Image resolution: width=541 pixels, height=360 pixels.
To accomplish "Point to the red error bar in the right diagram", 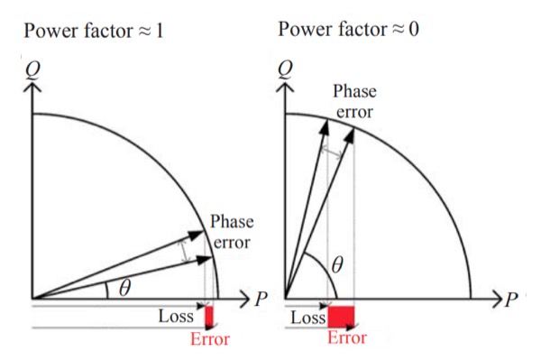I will click(x=341, y=317).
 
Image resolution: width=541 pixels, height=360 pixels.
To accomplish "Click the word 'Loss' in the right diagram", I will click(x=307, y=318).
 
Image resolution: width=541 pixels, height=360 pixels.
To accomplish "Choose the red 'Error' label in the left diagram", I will click(x=209, y=339).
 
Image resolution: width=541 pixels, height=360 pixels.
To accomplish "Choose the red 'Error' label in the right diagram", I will click(x=346, y=338).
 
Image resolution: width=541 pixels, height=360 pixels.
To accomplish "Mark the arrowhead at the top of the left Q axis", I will click(x=32, y=93).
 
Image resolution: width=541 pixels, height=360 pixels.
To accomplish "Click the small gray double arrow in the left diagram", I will click(x=188, y=250).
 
